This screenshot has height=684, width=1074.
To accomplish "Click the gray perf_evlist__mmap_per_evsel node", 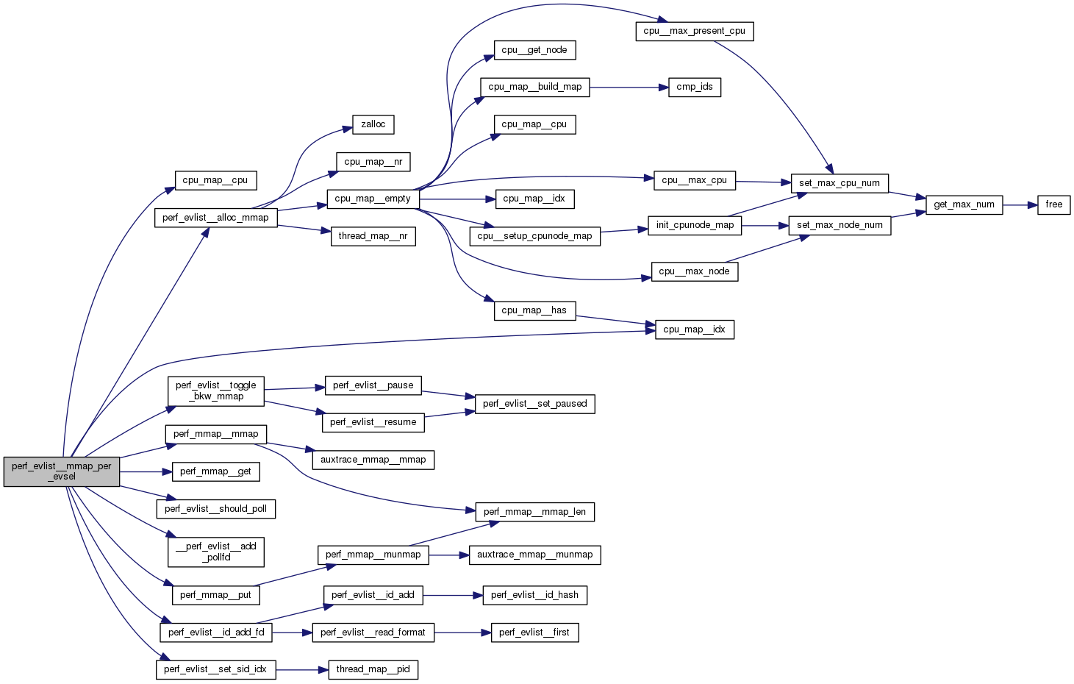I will pos(61,471).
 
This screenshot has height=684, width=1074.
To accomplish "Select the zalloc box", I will pos(373,125).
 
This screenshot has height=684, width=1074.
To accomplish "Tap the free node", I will pos(1053,205).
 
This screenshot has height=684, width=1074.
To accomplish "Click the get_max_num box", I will pos(964,205).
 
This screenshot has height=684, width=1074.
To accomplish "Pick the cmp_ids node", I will pos(695,88).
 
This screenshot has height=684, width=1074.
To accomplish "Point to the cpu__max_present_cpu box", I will pos(694,32).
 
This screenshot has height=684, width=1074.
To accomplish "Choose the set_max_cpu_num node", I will pos(839,183).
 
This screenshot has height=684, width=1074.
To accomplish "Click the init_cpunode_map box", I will pos(695,225).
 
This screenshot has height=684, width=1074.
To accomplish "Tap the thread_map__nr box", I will pos(373,237).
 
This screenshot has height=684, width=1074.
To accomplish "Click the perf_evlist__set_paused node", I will pos(534,404).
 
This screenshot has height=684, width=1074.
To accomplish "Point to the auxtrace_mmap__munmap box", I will pos(534,555).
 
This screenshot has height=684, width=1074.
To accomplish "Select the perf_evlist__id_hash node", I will pos(534,595).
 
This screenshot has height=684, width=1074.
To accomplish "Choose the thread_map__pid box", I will pos(373,669).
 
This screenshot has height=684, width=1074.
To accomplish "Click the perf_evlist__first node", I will pos(534,633).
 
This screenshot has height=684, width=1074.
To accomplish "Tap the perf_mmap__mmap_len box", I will pos(534,512).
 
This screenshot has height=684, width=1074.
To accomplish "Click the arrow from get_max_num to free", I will pos(1020,205).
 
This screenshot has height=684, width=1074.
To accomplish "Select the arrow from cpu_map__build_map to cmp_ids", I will pos(629,88).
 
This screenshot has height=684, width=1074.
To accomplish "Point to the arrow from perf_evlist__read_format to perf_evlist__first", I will pos(462,633).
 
